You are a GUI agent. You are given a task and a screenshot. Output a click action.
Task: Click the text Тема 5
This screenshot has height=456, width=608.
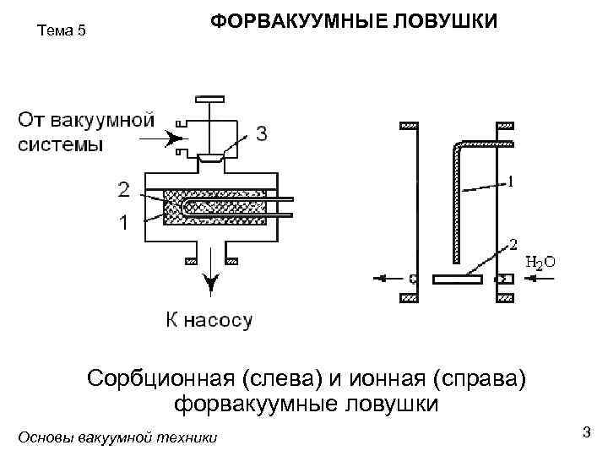tap(62, 31)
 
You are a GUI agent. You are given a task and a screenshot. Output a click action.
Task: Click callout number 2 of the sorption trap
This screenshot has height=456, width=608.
tap(124, 190)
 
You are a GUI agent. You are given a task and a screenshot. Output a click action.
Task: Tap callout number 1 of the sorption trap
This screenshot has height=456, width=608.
tap(124, 224)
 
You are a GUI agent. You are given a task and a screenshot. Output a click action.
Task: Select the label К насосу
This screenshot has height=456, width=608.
tap(207, 320)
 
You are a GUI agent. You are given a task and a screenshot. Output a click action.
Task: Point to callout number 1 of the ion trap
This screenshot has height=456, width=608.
tap(512, 180)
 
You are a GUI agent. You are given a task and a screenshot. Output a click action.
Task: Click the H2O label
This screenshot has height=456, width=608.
tap(540, 262)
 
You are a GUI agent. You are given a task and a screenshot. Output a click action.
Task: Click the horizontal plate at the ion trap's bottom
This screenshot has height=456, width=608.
tap(457, 278)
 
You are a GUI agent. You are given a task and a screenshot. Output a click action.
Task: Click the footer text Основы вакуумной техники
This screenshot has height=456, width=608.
tap(117, 437)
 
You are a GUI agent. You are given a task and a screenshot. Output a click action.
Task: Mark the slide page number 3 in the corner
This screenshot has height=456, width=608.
tap(585, 432)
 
